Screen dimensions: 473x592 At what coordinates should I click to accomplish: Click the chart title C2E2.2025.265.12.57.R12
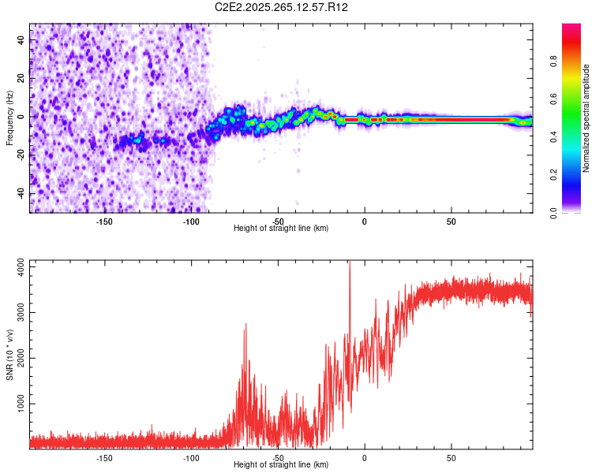[282, 7]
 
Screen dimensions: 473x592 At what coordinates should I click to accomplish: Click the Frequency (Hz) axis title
[9, 118]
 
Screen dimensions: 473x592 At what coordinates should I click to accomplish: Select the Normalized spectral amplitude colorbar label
[586, 119]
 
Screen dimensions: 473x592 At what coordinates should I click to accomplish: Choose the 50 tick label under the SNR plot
[451, 458]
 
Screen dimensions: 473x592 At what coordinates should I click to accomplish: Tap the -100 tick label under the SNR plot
[191, 458]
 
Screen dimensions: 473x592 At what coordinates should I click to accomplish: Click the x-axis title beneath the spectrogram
[281, 229]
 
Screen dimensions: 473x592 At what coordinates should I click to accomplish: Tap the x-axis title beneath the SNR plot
[281, 465]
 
